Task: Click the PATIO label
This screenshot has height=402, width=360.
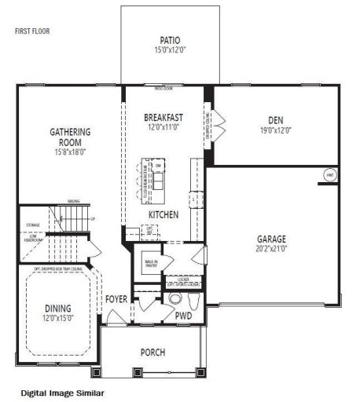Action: (x=170, y=40)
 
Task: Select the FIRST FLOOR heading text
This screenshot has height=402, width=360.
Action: (x=31, y=32)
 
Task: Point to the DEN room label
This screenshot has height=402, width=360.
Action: (x=275, y=120)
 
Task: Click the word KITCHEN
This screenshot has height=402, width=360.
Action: (x=163, y=214)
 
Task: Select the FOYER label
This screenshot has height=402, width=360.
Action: (x=116, y=299)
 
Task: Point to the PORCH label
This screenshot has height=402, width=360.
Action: (x=152, y=353)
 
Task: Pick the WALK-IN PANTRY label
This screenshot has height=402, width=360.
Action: (x=150, y=263)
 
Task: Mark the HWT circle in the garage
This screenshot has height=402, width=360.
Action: (x=330, y=174)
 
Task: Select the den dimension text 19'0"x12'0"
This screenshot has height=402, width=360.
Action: (x=275, y=130)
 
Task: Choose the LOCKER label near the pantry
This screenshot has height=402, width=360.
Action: (x=184, y=279)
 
